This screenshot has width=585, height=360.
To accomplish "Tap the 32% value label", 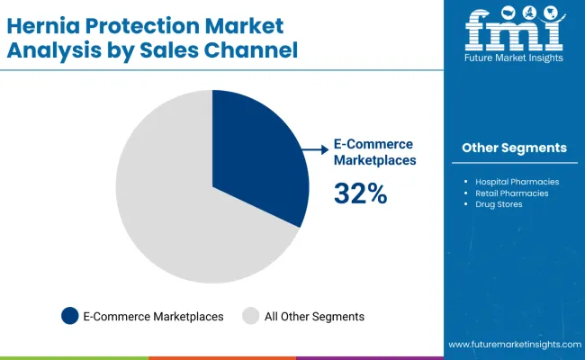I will coord(360,193).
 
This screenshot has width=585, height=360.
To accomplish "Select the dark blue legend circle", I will coord(69,316).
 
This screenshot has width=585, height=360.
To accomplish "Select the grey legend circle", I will coord(251,316).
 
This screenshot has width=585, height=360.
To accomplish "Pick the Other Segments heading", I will coord(514,148).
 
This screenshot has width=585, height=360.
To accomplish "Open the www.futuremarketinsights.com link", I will coord(514,345).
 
